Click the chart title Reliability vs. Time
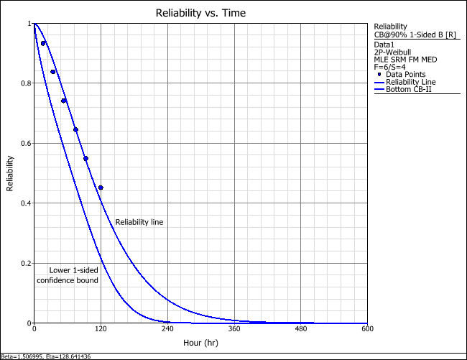[200, 14]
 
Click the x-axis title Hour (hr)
[200, 343]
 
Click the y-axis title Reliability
[10, 174]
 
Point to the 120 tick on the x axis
[101, 330]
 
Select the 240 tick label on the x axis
[167, 330]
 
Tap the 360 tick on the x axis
[234, 330]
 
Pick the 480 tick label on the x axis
[301, 330]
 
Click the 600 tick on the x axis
[367, 330]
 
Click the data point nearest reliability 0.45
[101, 188]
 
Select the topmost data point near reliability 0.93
[43, 43]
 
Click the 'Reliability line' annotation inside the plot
[139, 222]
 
